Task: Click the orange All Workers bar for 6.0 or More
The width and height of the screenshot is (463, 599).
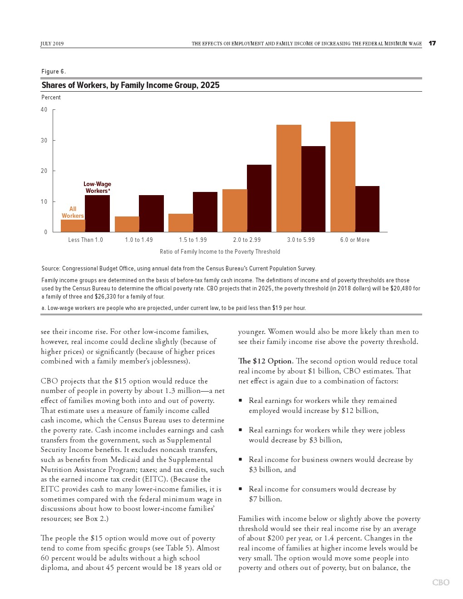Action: [x=343, y=177]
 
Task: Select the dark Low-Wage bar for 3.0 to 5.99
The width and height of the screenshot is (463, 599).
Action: [x=313, y=189]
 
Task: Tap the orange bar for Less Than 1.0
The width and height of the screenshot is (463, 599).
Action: [x=73, y=226]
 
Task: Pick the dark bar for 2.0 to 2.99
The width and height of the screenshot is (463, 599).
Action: [x=259, y=198]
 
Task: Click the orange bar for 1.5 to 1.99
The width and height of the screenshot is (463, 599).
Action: [x=181, y=223]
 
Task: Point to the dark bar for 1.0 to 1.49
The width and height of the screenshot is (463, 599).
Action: [x=151, y=214]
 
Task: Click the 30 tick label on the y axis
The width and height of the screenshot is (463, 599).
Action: [x=44, y=141]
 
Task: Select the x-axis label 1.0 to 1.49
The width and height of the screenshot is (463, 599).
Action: [x=139, y=240]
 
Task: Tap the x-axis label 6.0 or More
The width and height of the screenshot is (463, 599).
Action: [x=355, y=240]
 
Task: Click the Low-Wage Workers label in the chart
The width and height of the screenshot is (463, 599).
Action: [x=97, y=187]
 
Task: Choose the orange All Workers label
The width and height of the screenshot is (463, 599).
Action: [x=73, y=212]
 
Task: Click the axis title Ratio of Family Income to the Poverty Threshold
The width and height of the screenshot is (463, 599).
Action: [x=220, y=252]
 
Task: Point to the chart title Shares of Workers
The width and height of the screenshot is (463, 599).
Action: [x=130, y=85]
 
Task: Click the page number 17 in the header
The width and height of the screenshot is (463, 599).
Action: [x=432, y=44]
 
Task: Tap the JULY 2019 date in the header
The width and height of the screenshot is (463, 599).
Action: [x=52, y=44]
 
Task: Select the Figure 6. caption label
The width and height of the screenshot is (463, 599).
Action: [x=54, y=72]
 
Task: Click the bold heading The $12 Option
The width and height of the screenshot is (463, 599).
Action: [x=265, y=361]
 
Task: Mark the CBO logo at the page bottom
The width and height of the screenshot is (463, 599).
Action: [x=440, y=582]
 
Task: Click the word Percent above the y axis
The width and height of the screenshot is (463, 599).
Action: [x=51, y=98]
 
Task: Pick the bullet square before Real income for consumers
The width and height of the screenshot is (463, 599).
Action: [x=240, y=489]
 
